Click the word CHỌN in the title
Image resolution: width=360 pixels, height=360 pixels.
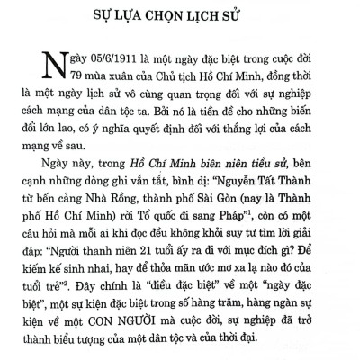tap(176, 15)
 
